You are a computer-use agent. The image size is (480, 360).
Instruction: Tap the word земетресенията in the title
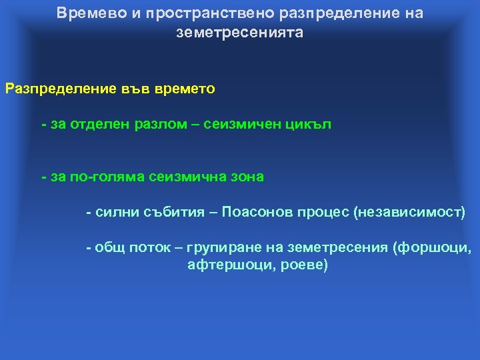coord(239,33)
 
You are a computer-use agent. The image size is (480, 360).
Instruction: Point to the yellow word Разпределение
coord(56,89)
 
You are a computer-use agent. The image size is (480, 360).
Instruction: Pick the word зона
coord(246,177)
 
